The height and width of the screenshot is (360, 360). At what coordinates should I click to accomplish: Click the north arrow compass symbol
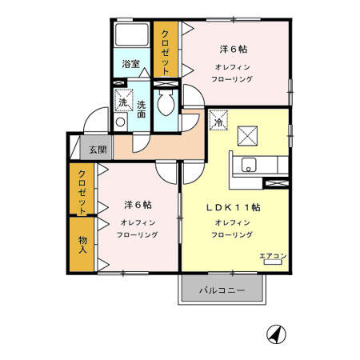[276, 334]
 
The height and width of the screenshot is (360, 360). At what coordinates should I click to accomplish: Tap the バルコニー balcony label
[222, 290]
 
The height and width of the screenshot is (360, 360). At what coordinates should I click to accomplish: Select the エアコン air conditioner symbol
[273, 262]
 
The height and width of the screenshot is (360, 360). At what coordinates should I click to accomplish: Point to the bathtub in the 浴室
[132, 35]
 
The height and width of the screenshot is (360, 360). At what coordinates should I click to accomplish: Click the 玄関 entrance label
[98, 150]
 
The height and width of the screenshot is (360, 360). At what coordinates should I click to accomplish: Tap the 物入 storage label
[82, 245]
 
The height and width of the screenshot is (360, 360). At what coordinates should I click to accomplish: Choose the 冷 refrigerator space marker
[218, 120]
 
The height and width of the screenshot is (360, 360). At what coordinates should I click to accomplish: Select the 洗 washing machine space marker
[124, 100]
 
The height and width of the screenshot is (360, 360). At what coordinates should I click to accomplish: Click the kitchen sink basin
[249, 165]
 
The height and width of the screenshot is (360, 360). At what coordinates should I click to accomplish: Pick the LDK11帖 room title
[234, 207]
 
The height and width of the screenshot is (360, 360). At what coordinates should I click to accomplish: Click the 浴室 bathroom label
[131, 64]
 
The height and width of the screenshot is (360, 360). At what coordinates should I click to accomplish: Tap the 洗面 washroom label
[142, 110]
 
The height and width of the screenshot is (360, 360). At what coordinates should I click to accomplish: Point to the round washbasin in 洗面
[120, 122]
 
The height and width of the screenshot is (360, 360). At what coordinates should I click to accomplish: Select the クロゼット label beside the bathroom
[166, 53]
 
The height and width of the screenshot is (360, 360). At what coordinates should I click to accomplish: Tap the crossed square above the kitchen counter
[247, 136]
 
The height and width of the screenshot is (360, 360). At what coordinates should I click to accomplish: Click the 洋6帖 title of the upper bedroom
[234, 50]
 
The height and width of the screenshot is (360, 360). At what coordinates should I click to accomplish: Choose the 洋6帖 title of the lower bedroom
[138, 205]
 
